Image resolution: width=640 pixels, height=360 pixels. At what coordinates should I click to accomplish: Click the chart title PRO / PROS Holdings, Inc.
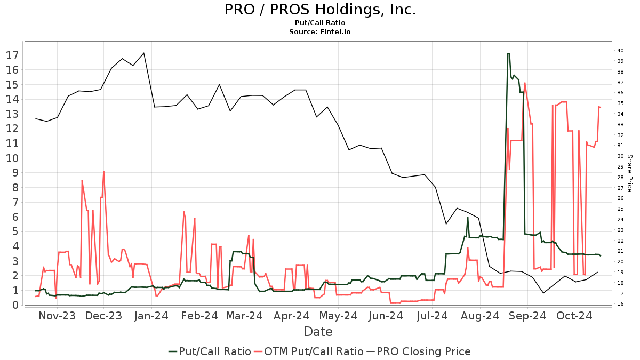[x=320, y=10]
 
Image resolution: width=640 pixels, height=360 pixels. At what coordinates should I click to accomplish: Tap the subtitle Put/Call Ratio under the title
[x=320, y=23]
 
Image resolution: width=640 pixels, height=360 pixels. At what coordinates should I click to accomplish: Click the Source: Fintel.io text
[x=320, y=32]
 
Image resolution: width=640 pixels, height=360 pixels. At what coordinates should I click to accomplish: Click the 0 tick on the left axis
[x=15, y=305]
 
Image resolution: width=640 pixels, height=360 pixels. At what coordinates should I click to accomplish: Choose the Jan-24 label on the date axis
[x=152, y=316]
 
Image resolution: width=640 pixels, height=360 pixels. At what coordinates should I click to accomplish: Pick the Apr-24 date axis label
[x=291, y=316]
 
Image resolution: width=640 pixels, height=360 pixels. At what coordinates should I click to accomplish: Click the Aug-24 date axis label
[x=479, y=316]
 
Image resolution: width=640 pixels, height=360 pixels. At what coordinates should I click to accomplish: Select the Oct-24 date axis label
[x=574, y=316]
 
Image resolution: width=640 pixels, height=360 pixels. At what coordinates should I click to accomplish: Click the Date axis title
[x=318, y=332]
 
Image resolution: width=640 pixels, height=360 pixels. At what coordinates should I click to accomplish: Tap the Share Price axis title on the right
[x=629, y=173]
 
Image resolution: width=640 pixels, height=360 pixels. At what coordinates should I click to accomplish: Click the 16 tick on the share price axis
[x=621, y=304]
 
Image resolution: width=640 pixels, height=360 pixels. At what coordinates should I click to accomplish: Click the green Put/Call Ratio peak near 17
[x=508, y=53]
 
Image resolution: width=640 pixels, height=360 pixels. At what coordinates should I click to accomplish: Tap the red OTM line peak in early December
[x=103, y=172]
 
